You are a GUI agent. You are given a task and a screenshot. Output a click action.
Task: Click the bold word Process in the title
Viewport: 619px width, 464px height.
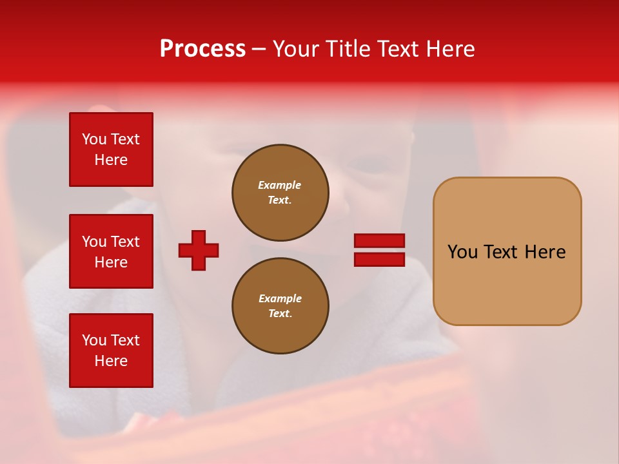tap(202, 49)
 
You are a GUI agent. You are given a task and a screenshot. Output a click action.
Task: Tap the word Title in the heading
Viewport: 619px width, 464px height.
tap(346, 49)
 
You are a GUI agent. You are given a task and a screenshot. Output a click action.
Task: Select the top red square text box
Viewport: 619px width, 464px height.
tap(111, 150)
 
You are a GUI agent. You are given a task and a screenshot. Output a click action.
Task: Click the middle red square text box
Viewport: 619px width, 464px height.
tap(111, 251)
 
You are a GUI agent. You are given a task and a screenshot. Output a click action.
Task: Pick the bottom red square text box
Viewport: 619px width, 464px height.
tap(111, 351)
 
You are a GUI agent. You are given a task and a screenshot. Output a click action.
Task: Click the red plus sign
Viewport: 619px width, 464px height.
tap(199, 250)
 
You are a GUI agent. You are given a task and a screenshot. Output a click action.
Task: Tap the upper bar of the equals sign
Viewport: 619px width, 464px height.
tap(379, 240)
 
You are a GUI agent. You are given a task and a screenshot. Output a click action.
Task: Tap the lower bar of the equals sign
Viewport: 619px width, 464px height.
tap(379, 259)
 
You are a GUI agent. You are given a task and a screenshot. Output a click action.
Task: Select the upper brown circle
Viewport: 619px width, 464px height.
tap(280, 193)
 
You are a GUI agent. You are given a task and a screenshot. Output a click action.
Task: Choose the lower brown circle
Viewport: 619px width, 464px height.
tap(280, 306)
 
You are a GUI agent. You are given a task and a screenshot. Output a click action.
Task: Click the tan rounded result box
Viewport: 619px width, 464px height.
tap(507, 251)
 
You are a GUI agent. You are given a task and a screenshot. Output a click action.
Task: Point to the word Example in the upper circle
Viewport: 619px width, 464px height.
tap(279, 185)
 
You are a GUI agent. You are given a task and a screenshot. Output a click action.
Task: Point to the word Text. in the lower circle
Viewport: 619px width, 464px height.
tap(280, 314)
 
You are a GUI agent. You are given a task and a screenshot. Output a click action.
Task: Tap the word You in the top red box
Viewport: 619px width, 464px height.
tap(94, 139)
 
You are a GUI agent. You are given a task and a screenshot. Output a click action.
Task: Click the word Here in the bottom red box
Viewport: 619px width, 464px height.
tap(111, 361)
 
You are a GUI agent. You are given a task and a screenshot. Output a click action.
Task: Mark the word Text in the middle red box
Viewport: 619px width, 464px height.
tap(125, 242)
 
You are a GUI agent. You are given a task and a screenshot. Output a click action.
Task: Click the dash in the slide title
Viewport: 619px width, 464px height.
tap(259, 49)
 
